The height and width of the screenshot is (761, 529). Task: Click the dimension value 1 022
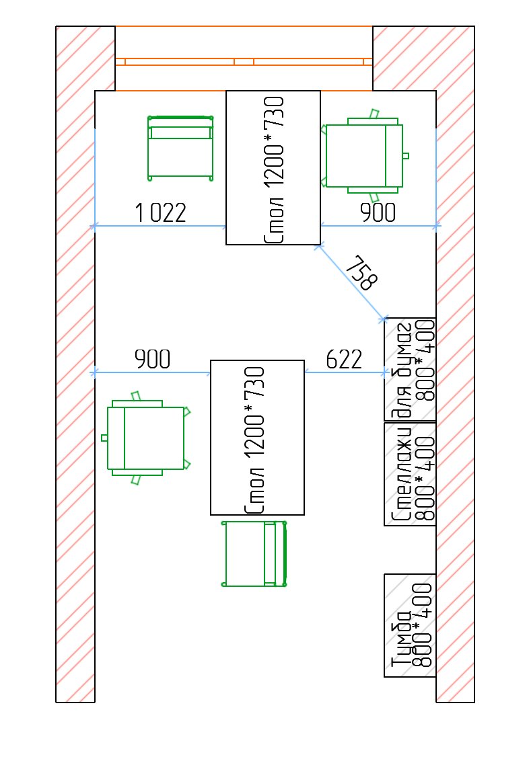click(160, 212)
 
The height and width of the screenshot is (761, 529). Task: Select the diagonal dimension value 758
click(362, 273)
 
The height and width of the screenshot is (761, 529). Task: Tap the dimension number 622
click(344, 360)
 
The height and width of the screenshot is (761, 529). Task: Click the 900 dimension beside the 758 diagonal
click(378, 212)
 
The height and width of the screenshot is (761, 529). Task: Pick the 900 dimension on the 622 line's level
click(153, 360)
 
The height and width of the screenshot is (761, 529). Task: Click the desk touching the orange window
click(273, 167)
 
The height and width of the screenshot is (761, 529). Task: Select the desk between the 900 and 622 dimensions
click(258, 437)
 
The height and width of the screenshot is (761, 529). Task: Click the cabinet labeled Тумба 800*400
click(410, 626)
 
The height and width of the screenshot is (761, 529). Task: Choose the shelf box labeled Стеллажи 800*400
click(410, 474)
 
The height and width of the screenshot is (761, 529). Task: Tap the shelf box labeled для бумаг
click(410, 369)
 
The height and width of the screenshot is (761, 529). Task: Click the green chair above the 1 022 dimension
click(180, 149)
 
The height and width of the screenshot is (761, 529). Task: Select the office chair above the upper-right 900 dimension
click(365, 155)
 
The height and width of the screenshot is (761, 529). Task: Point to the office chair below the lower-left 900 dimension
click(146, 438)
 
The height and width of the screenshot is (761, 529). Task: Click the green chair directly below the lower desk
click(254, 553)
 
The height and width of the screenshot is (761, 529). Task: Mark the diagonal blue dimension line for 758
click(351, 282)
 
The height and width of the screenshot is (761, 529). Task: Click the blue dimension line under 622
click(345, 372)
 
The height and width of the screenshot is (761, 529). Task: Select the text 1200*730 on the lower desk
click(254, 411)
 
